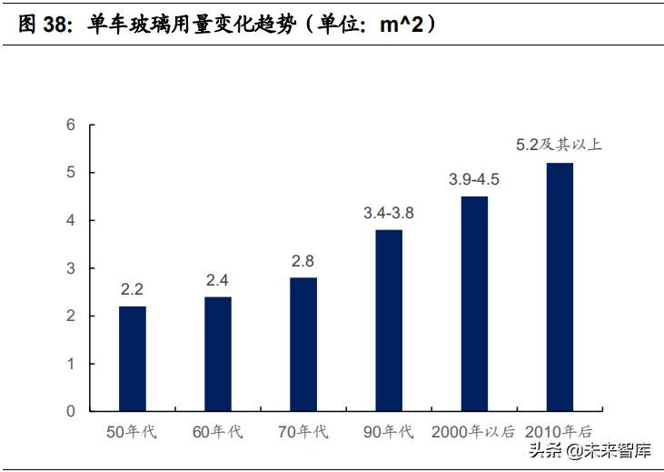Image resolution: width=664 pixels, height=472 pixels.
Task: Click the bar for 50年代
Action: coord(132,358)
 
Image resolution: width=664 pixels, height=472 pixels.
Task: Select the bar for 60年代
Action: coord(217,354)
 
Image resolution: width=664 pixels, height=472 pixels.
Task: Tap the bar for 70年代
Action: coord(302,344)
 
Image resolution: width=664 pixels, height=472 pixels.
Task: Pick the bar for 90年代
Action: coord(388,320)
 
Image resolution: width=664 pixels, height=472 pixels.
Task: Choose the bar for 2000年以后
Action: coord(474,304)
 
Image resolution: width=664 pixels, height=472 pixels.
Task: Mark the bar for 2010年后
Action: coord(560,286)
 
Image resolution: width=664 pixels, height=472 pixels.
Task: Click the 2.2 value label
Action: coord(132,290)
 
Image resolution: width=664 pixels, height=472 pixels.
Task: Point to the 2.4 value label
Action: coord(217,280)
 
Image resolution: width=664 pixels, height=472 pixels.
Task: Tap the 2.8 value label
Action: coord(302,261)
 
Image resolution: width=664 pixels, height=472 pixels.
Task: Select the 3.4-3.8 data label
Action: coord(388,213)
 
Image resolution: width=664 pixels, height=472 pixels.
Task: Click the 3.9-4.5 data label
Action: coord(474,179)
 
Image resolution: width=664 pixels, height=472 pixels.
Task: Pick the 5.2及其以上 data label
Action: coord(559,145)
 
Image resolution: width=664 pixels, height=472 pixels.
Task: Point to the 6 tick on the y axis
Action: coord(71,125)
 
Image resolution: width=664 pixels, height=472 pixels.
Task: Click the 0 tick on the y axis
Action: coord(71,411)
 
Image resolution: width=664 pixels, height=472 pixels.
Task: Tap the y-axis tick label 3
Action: coord(71,268)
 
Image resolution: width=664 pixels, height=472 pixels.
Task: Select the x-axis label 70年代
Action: coord(302,432)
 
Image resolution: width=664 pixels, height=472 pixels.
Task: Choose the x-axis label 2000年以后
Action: coord(473,432)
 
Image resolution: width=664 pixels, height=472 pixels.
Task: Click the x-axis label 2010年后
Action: coord(560,432)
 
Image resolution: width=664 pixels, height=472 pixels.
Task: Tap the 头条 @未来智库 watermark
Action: coord(604,451)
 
